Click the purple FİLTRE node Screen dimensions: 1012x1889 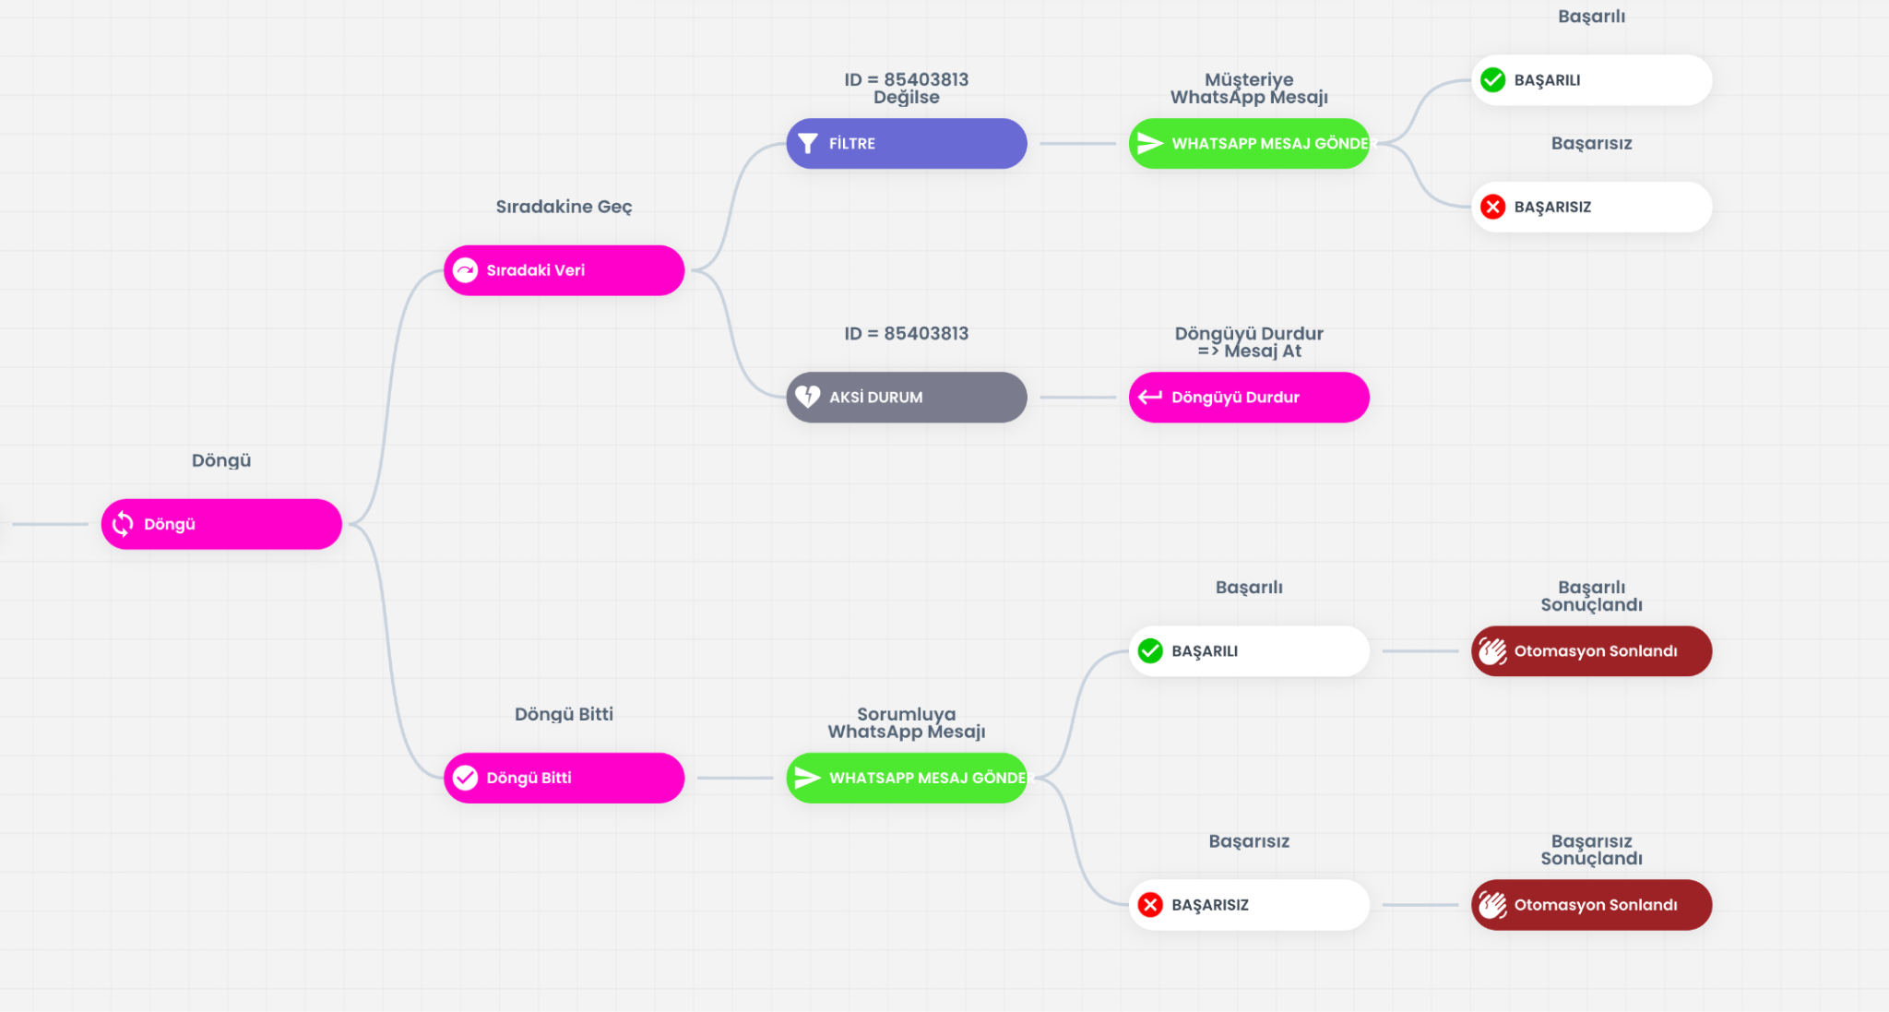point(906,143)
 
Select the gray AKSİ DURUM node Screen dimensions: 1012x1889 point(906,397)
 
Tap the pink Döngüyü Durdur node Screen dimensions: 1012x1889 point(1249,397)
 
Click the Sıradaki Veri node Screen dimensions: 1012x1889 point(564,270)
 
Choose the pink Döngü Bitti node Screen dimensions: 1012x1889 point(564,778)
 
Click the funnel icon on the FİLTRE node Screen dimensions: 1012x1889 point(808,143)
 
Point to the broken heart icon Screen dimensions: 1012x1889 point(808,397)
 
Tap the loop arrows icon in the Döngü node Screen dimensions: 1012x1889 point(123,524)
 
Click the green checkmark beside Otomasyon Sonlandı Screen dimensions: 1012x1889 point(1150,651)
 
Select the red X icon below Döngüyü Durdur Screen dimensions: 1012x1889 point(1150,905)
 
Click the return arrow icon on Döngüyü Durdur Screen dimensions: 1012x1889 point(1150,397)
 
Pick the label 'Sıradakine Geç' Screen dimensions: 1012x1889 point(564,207)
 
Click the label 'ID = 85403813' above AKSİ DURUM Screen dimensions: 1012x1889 point(906,334)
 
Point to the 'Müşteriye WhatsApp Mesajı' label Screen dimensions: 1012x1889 point(1249,89)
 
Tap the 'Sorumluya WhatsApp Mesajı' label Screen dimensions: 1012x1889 point(906,723)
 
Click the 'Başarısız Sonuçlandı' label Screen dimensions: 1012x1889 point(1591,850)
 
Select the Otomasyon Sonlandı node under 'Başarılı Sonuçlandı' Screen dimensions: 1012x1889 point(1591,651)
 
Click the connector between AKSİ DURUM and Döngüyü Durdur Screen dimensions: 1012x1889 point(1077,398)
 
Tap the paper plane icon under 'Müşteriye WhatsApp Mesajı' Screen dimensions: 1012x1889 point(1150,143)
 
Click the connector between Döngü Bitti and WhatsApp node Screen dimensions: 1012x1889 point(735,778)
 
